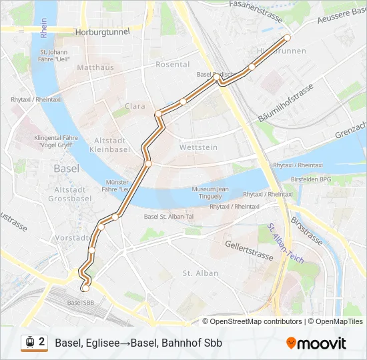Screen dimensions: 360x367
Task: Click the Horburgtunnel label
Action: coord(102,31)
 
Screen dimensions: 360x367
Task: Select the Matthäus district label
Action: coord(95,67)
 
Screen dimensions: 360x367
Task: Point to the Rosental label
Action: coord(172,65)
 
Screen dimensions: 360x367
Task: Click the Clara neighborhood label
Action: coord(135,106)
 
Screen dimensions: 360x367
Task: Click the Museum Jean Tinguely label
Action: coord(210,193)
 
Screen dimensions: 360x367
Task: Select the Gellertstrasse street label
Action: coord(250,251)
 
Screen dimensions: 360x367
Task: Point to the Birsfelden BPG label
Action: coord(312,179)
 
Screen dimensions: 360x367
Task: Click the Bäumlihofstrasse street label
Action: coord(285,104)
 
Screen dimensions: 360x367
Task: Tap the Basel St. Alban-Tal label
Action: coord(168,216)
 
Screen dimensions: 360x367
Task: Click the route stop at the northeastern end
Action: coord(288,37)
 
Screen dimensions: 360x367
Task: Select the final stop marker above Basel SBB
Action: coord(85,289)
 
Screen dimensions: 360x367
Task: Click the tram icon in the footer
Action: coord(29,343)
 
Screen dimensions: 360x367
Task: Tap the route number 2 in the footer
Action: coord(42,342)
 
